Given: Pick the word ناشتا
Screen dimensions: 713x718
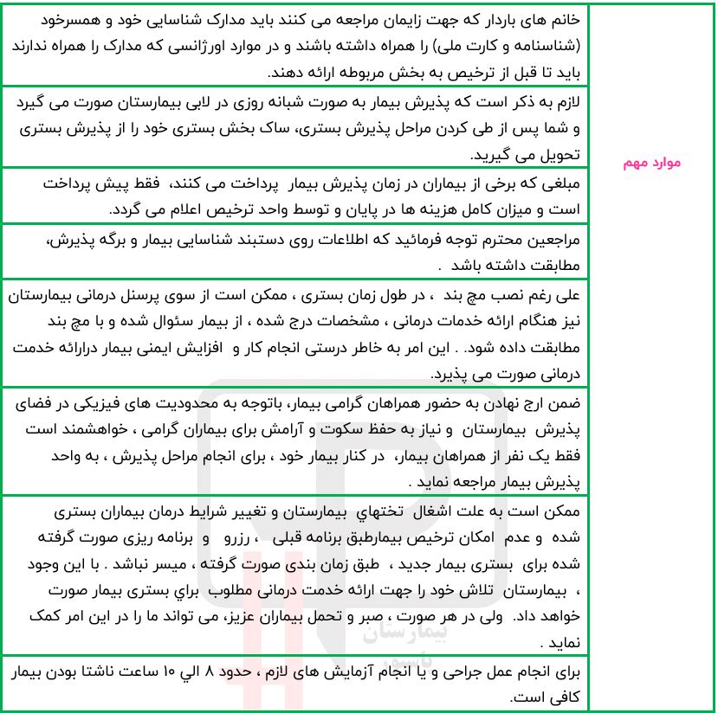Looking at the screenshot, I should pos(120,671).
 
